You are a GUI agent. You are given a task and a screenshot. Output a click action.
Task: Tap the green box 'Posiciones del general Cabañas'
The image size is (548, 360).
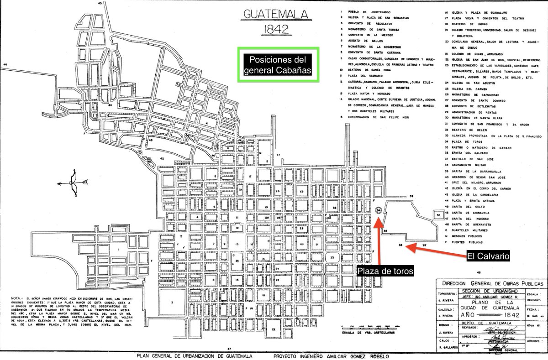point(278,65)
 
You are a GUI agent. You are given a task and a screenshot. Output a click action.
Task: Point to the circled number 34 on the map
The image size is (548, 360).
point(379,210)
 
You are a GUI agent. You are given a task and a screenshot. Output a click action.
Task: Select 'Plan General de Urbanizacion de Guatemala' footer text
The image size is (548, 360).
point(195,355)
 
